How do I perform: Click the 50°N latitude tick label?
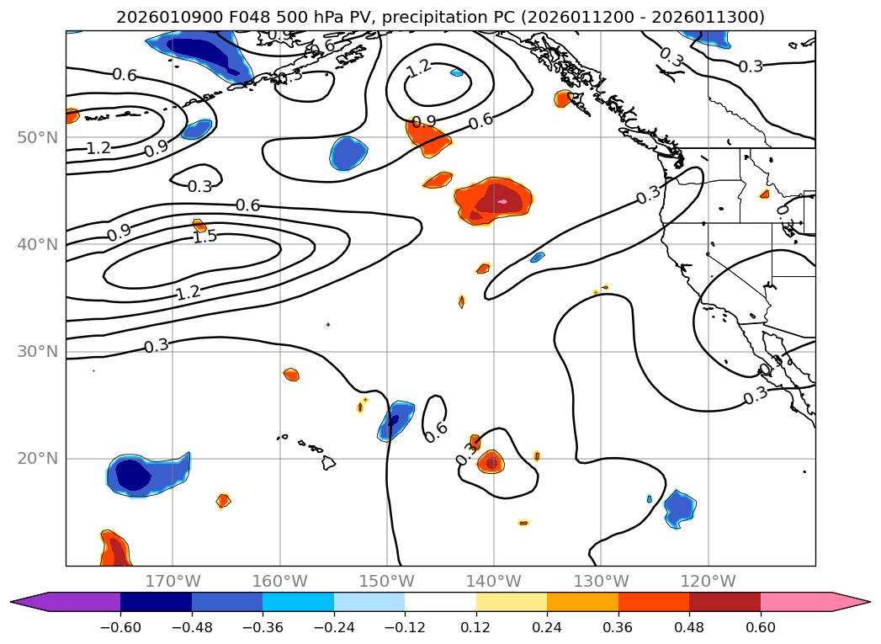coord(37,137)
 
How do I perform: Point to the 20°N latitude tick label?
coord(37,459)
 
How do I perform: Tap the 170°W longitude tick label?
coord(172,581)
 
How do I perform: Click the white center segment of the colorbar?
coord(440,602)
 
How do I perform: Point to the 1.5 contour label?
coord(204,237)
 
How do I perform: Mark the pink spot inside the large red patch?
coord(503,201)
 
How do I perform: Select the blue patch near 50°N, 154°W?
coord(348,153)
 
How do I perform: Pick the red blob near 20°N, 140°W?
coord(491,461)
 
